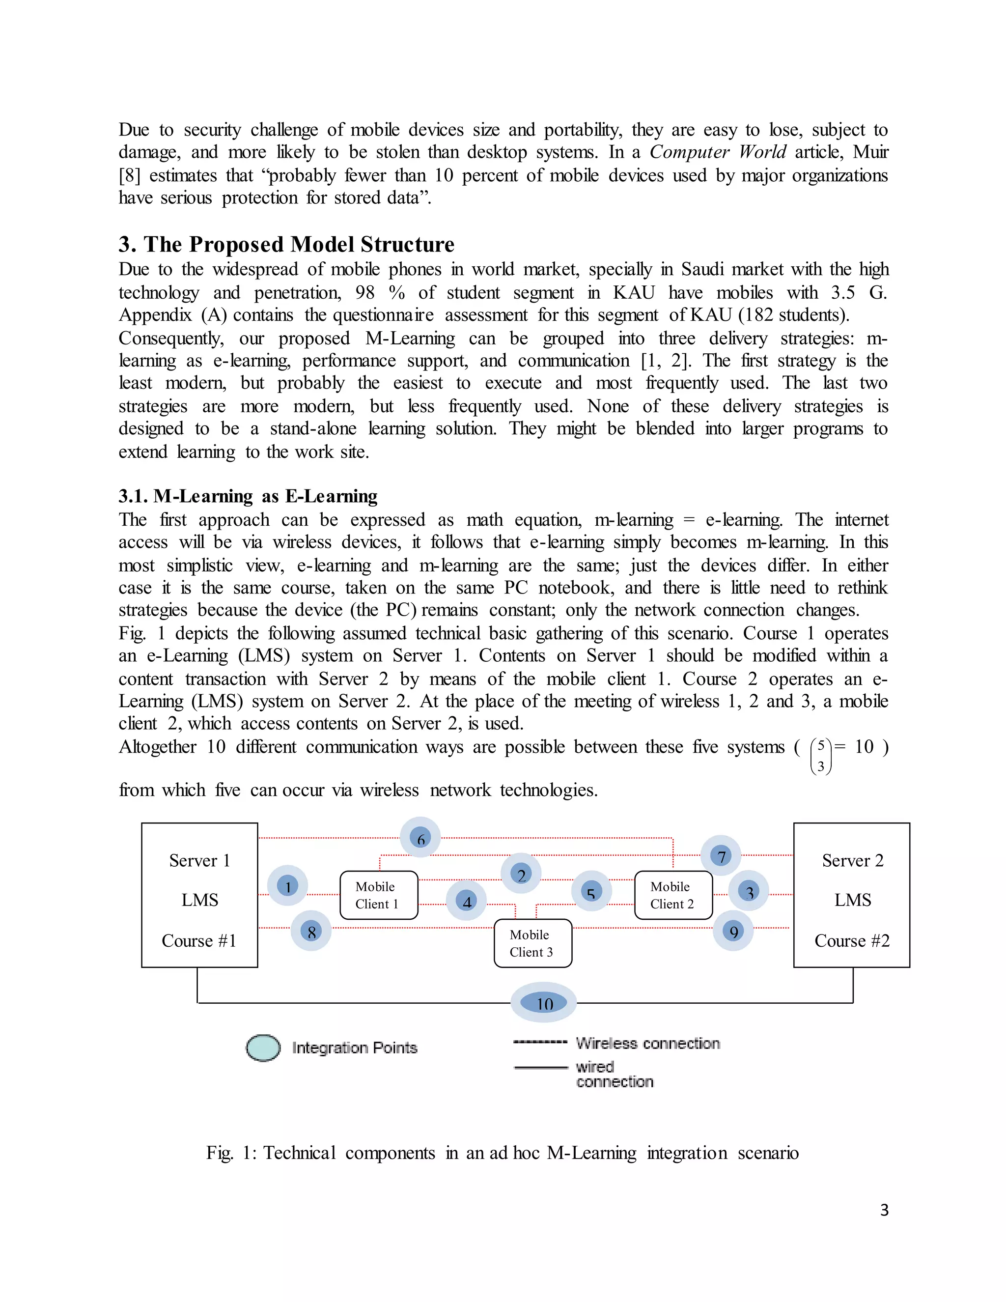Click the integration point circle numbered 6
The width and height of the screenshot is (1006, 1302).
click(x=420, y=838)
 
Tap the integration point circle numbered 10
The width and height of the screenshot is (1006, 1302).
click(x=544, y=1003)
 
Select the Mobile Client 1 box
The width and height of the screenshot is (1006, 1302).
click(x=378, y=895)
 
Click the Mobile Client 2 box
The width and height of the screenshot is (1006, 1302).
click(x=673, y=895)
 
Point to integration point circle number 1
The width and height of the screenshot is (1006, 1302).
click(x=288, y=886)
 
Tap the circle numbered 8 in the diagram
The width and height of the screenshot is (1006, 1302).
click(x=311, y=931)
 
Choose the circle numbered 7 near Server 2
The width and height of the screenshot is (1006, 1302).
click(x=721, y=856)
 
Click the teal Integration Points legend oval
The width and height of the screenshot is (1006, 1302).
click(x=263, y=1048)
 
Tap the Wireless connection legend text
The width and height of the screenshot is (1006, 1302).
click(x=648, y=1043)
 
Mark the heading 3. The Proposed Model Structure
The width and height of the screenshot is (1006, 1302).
click(x=286, y=244)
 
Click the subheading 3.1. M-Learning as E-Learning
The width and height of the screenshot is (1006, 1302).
click(x=248, y=496)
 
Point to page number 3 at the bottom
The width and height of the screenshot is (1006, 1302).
click(x=884, y=1210)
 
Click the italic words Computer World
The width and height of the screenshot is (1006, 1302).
click(x=718, y=152)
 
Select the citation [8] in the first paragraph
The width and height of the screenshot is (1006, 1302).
click(x=129, y=175)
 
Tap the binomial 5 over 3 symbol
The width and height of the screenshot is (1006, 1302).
click(x=821, y=755)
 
